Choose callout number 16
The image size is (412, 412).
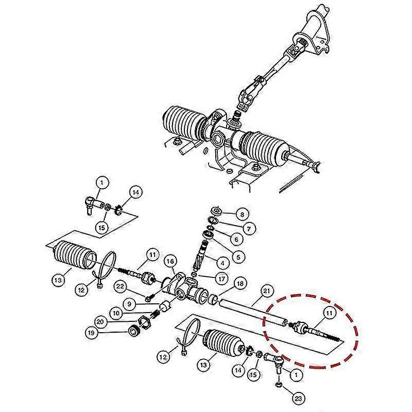(x=171, y=262)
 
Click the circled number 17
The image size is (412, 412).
(x=221, y=278)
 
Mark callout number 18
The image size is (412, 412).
(x=239, y=284)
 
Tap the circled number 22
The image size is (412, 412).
(x=120, y=286)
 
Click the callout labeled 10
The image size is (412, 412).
(x=115, y=312)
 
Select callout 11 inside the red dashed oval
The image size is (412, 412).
(x=328, y=312)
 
